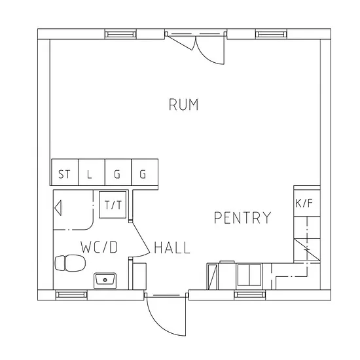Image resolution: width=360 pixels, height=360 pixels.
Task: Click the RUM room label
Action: [183, 105]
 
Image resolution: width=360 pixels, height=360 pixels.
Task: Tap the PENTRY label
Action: [242, 218]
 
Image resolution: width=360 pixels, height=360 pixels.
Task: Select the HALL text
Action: [172, 247]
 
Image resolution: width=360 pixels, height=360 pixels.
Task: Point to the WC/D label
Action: [99, 247]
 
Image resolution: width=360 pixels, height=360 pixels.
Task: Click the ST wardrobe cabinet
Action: [65, 172]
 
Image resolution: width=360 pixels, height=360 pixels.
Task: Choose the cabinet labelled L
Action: [92, 172]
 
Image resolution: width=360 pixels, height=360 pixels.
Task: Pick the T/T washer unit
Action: [113, 205]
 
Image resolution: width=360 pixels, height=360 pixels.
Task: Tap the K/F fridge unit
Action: [307, 203]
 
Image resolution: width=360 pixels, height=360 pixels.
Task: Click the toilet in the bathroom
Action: [70, 263]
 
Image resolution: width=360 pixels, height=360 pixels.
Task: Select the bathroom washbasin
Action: [105, 280]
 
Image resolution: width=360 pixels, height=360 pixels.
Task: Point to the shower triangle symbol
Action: [58, 207]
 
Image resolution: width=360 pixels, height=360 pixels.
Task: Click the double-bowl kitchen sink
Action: [249, 275]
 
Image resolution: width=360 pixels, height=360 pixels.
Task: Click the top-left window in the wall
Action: [120, 35]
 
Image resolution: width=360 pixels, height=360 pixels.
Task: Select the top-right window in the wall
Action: [271, 35]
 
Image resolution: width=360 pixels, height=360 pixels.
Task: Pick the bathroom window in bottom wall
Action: [71, 295]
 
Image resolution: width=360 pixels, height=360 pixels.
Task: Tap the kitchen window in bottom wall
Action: [250, 295]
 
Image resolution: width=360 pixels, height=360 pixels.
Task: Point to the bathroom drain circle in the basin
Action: [105, 280]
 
